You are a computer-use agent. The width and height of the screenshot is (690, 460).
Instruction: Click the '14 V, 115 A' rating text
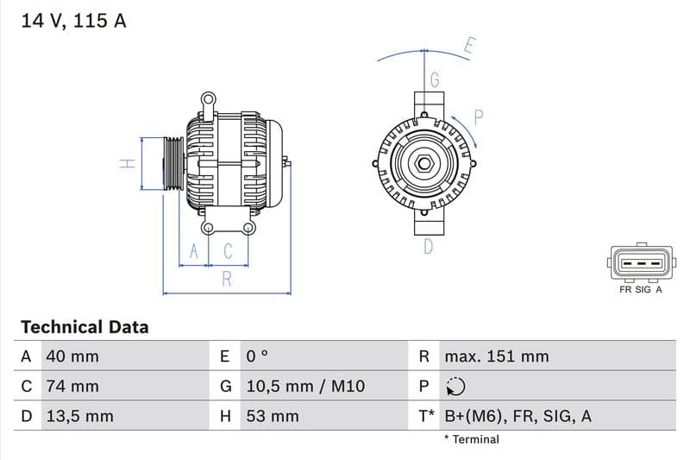coord(73,21)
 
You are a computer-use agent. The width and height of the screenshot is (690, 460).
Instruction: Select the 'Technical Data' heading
coord(85,327)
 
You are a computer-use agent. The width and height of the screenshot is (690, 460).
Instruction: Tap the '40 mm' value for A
coord(72,356)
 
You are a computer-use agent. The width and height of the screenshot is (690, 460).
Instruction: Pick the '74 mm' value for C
coord(72,386)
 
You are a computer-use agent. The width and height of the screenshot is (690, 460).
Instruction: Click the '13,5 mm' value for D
coord(79,416)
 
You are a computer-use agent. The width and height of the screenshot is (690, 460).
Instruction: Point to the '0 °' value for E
coord(257,356)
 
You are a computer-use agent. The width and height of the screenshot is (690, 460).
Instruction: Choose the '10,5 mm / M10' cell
coord(304,386)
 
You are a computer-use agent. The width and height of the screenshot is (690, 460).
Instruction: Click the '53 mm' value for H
coord(272,416)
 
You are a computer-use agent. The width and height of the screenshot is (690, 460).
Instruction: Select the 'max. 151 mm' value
coord(496,356)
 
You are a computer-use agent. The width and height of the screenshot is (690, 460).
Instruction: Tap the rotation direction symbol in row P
coord(455,386)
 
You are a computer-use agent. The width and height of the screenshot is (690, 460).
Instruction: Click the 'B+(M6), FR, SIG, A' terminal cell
coord(517,416)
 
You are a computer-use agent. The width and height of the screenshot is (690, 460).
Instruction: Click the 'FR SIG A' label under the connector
coord(640,290)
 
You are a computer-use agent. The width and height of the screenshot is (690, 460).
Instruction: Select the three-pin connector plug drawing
coord(639,263)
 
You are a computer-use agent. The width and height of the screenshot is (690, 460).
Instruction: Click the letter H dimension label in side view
coord(127,163)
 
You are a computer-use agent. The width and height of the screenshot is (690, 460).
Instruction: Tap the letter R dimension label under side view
coord(227,279)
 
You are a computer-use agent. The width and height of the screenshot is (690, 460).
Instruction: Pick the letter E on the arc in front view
coord(469,47)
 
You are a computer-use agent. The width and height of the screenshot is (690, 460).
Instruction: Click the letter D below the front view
coord(428,248)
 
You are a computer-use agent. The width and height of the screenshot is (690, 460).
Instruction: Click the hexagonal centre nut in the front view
coord(425,163)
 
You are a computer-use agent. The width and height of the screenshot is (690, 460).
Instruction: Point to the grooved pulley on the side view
coord(172,163)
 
